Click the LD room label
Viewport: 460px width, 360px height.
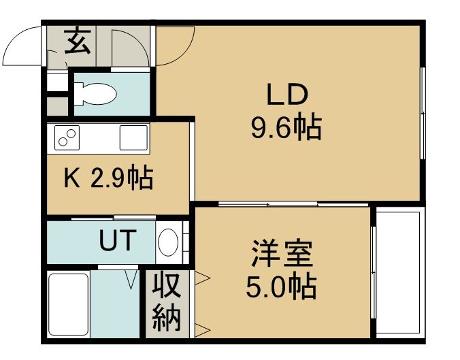[287, 95]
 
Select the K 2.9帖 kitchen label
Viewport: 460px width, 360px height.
[109, 177]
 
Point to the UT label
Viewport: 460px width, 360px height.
[118, 240]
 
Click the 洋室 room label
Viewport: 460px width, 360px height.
[282, 254]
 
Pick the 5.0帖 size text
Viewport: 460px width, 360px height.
[281, 287]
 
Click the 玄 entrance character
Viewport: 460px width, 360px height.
[78, 40]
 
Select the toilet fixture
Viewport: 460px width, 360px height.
[95, 94]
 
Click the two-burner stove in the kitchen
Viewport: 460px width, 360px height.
[67, 137]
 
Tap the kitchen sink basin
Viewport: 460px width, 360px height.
[133, 137]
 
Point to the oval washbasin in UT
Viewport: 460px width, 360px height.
[168, 242]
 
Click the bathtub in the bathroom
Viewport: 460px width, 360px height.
[69, 304]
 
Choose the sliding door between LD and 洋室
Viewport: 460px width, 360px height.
[293, 203]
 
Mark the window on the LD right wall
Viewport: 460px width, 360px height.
[423, 114]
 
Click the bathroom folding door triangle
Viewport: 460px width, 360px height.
[131, 280]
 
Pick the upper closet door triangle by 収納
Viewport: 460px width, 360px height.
[202, 277]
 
